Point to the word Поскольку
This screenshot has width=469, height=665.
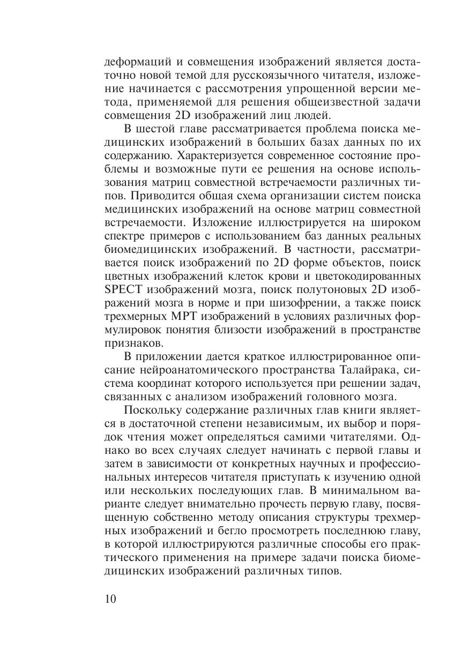151,410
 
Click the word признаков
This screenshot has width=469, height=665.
129,342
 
